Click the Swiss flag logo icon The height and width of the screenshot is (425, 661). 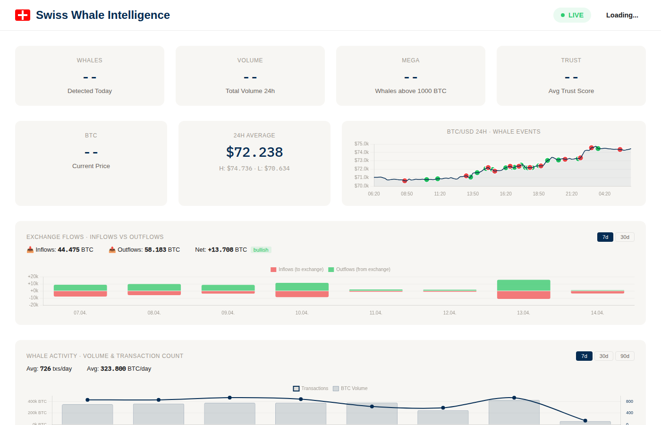pyautogui.click(x=23, y=15)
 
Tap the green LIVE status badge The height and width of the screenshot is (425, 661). pyautogui.click(x=572, y=15)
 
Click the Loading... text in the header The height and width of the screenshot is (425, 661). pyautogui.click(x=622, y=15)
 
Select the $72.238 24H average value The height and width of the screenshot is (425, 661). pyautogui.click(x=254, y=152)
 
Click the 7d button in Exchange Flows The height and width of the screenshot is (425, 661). pyautogui.click(x=605, y=237)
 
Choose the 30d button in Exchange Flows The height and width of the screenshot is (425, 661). pyautogui.click(x=625, y=237)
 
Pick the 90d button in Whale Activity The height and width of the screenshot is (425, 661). pyautogui.click(x=625, y=356)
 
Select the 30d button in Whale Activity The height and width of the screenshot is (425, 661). pyautogui.click(x=603, y=356)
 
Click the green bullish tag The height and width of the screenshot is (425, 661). pyautogui.click(x=261, y=250)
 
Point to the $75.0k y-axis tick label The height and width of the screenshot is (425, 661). pyautogui.click(x=361, y=144)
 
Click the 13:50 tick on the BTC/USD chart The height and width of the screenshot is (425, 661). pyautogui.click(x=473, y=194)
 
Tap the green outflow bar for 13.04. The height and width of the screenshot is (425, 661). pyautogui.click(x=524, y=285)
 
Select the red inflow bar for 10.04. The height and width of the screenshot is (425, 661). pyautogui.click(x=302, y=294)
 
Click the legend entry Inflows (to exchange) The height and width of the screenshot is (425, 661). pyautogui.click(x=297, y=270)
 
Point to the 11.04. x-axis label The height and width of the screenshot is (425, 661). pyautogui.click(x=376, y=313)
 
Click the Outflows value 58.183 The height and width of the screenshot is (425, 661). pyautogui.click(x=155, y=250)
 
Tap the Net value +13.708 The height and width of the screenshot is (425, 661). pyautogui.click(x=220, y=250)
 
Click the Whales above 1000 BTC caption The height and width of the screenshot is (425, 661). pyautogui.click(x=410, y=91)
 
